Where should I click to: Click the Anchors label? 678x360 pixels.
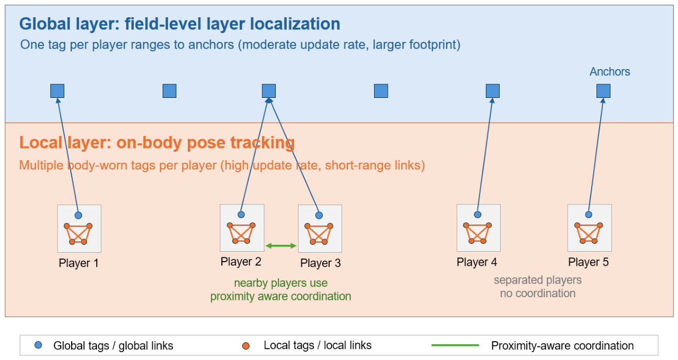click(x=609, y=72)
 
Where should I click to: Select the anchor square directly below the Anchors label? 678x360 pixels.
click(x=603, y=91)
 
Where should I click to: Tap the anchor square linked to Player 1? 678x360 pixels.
click(x=57, y=91)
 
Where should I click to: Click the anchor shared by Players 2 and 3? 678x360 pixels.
click(x=269, y=91)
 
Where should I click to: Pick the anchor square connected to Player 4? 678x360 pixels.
click(x=493, y=91)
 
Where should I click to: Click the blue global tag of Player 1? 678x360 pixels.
click(x=78, y=215)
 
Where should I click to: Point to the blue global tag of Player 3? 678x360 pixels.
click(x=319, y=215)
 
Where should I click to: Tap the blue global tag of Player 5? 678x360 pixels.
click(x=589, y=215)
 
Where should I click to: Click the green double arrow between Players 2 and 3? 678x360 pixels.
click(x=281, y=245)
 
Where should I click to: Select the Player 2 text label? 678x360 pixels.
click(x=241, y=262)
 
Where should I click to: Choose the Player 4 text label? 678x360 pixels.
click(x=477, y=262)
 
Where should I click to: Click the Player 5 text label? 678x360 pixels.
click(x=589, y=262)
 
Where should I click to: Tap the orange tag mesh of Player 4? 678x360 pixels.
click(x=477, y=233)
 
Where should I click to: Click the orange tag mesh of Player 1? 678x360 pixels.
click(x=78, y=234)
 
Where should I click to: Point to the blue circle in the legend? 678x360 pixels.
click(x=38, y=345)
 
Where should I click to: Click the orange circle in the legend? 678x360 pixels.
click(x=246, y=346)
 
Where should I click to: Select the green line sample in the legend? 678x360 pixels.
click(x=455, y=345)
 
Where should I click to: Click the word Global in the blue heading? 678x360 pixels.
click(x=45, y=24)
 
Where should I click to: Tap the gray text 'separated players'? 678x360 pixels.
click(x=538, y=280)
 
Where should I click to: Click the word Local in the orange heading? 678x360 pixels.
click(x=41, y=142)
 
